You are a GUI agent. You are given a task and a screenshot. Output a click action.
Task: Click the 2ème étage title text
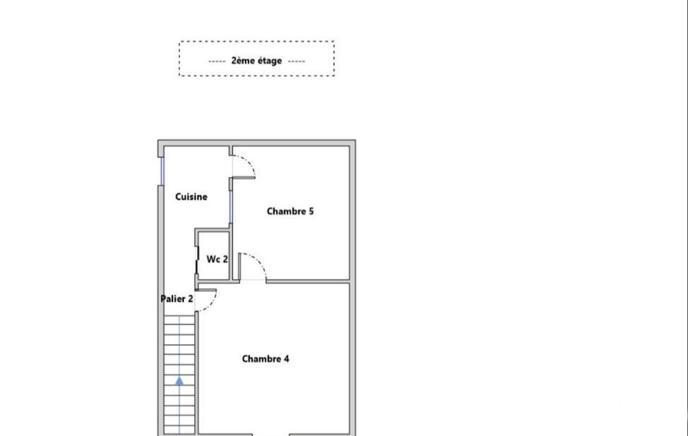tap(256, 60)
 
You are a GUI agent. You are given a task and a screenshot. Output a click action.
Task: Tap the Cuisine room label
tap(191, 197)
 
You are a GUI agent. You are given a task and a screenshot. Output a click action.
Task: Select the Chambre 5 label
tap(290, 211)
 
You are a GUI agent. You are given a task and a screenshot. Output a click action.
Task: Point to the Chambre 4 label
tap(265, 359)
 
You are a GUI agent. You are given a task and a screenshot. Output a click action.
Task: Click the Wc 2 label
tap(217, 259)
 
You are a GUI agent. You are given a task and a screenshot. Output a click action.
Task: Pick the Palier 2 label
tap(177, 298)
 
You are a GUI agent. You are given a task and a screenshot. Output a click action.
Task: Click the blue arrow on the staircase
tap(179, 381)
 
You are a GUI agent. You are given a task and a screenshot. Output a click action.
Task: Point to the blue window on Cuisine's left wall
tap(162, 171)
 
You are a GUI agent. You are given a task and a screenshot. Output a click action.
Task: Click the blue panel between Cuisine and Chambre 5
tap(231, 206)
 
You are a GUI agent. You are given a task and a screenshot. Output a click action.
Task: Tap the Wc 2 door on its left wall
tap(197, 260)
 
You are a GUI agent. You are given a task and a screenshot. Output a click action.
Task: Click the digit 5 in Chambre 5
tap(311, 211)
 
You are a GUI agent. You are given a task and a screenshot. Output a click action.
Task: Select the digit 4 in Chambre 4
tap(287, 359)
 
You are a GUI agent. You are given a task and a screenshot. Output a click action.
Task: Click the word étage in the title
tap(270, 61)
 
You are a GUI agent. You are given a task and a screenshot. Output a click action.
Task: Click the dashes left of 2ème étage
tap(217, 62)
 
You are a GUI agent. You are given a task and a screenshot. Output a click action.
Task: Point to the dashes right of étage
tap(297, 62)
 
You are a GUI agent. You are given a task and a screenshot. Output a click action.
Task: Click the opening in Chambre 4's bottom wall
tap(271, 434)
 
